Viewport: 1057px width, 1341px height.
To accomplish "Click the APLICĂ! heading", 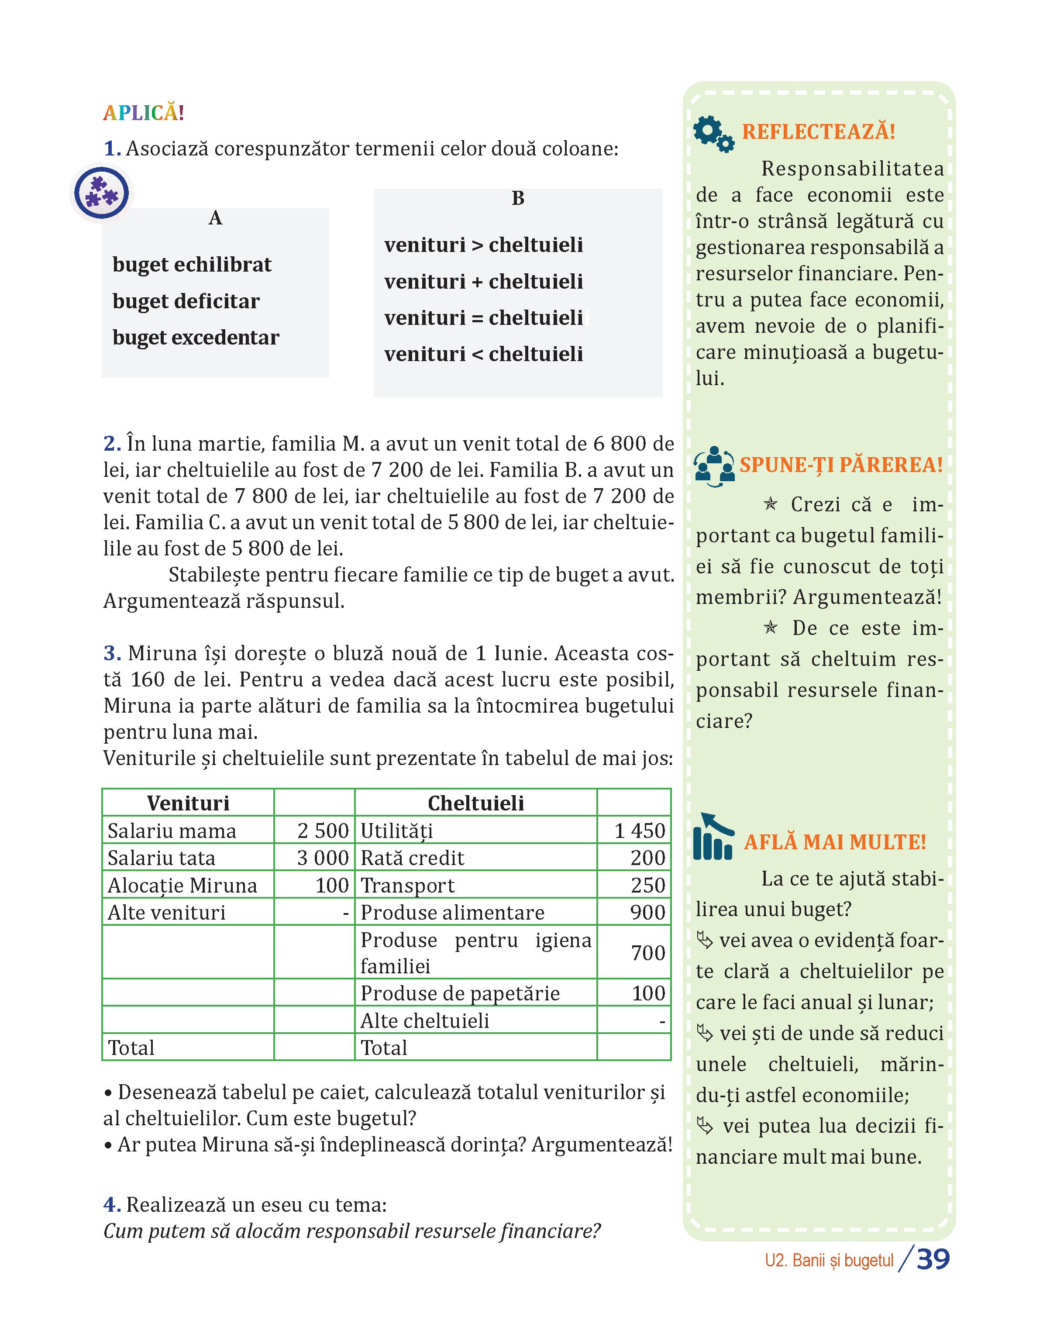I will pos(144,113).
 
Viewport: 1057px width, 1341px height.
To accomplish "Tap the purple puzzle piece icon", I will pos(101,193).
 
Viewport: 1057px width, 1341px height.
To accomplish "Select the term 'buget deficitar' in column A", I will pos(186,301).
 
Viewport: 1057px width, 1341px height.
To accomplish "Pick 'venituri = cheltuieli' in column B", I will pos(483,318).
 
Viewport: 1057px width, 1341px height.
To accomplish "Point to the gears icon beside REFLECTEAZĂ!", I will pos(713,134).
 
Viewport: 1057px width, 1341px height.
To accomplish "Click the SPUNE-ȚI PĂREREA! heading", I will pos(841,465).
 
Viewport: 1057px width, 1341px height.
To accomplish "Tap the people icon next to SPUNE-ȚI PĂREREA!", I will pos(714,466).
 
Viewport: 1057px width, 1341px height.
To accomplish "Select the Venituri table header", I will pos(188,803).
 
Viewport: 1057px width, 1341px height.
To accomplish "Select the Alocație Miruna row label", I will pos(182,885).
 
